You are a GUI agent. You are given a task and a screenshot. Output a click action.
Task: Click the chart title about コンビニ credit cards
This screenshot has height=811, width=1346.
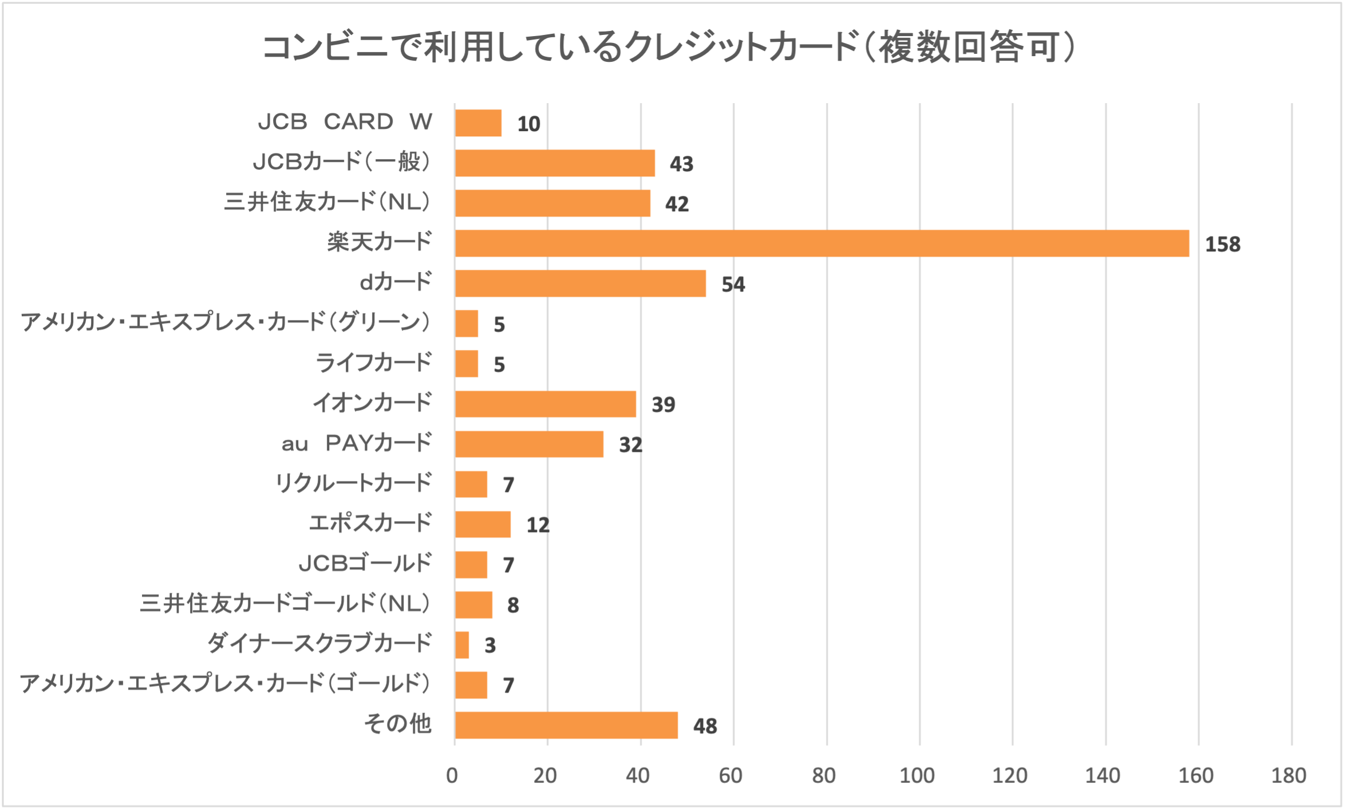tap(669, 47)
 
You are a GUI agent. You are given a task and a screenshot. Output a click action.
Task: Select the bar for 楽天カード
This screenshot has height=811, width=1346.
tap(822, 243)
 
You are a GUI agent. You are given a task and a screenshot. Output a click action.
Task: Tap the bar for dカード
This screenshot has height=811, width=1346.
tap(580, 284)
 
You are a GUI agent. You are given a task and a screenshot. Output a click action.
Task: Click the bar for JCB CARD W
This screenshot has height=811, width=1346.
tap(478, 123)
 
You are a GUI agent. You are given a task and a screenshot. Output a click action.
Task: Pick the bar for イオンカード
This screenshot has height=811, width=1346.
tap(545, 404)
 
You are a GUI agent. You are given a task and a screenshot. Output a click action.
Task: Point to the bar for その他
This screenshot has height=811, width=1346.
tap(566, 725)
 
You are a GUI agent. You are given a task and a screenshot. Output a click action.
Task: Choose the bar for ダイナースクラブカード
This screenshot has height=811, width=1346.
tap(462, 645)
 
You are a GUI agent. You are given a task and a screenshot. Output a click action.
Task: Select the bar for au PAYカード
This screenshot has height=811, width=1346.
tap(529, 444)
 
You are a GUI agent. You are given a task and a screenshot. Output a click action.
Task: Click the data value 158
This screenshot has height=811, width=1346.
tap(1222, 245)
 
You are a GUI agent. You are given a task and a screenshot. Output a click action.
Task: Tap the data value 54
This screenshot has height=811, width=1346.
tap(733, 285)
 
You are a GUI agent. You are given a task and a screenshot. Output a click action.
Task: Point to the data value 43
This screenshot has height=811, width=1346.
tap(681, 164)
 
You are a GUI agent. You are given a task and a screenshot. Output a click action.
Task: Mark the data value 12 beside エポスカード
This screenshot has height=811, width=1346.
tap(538, 525)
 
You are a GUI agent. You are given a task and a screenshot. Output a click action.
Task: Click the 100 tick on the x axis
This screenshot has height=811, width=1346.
tap(917, 775)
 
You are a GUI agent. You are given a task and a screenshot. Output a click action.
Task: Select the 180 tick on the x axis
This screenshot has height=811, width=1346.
tap(1289, 775)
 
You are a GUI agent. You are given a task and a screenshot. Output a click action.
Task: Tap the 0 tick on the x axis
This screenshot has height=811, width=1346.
tap(452, 775)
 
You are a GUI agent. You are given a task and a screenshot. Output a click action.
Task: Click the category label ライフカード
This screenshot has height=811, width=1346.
tap(373, 363)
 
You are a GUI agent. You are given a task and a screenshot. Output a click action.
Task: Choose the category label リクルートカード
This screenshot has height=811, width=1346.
tap(353, 483)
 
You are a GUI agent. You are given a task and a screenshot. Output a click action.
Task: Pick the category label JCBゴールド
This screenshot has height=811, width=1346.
tap(365, 564)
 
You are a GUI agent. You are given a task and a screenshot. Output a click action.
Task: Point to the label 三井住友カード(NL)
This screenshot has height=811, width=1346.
tap(327, 202)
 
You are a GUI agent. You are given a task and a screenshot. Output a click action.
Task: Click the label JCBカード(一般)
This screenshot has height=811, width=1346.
tap(342, 162)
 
